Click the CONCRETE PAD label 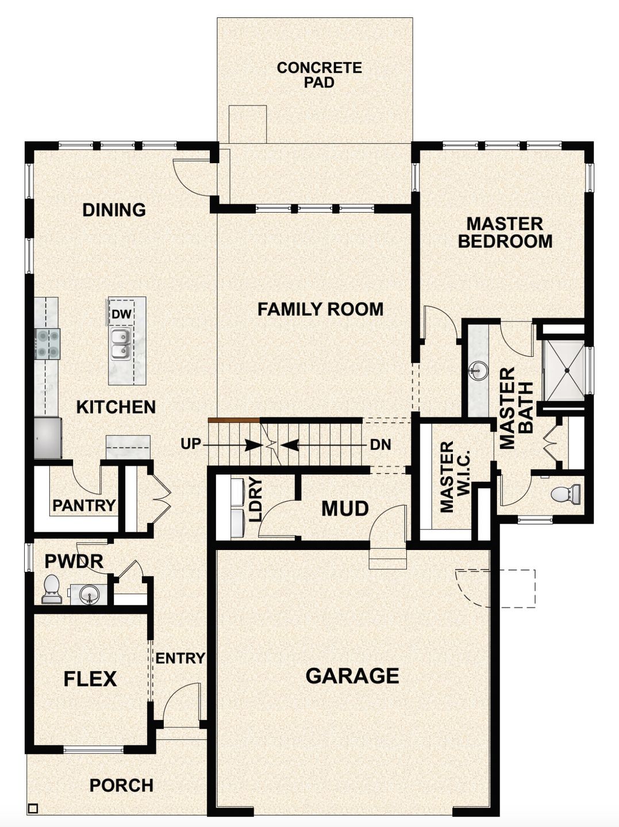point(319,75)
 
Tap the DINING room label point(114,210)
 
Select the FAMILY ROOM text point(320,309)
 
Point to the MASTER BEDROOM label point(505,232)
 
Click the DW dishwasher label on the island point(121,314)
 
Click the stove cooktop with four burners point(47,343)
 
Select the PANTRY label point(84,506)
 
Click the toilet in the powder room point(51,590)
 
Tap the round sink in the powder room point(89,593)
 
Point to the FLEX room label point(90,679)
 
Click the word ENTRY point(180,658)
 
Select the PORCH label point(121,785)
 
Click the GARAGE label point(352,676)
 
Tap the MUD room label point(345,509)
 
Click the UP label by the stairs point(190,444)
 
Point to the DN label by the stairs point(380,444)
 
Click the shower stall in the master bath point(564,371)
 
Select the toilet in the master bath point(566,494)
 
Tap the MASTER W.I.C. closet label point(455,476)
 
